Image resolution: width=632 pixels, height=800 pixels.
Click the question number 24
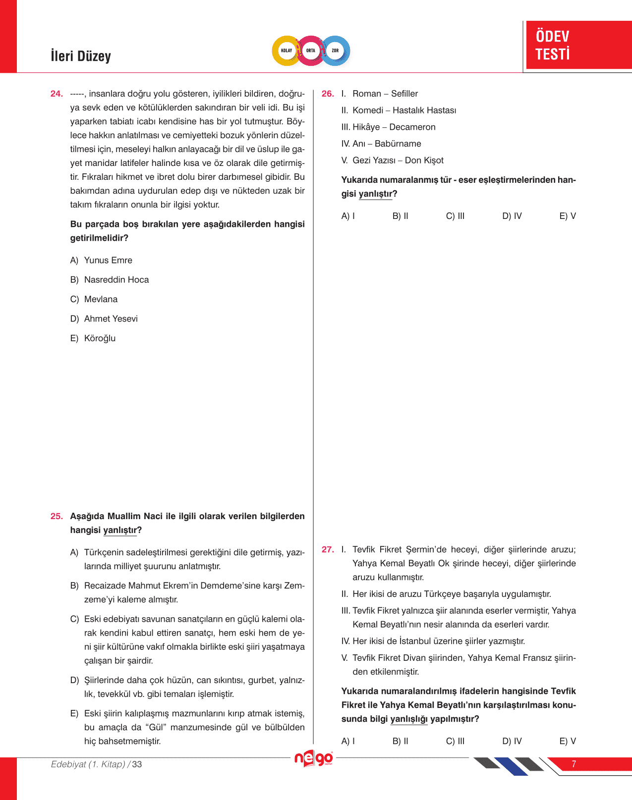[x=57, y=94]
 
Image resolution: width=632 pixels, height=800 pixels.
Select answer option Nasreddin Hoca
[x=116, y=280]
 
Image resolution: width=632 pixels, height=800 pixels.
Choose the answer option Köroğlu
[x=100, y=338]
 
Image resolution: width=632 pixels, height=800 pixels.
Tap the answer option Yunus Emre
[x=108, y=261]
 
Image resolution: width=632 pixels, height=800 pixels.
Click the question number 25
[x=57, y=516]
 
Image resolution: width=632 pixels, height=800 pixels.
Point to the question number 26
[x=328, y=94]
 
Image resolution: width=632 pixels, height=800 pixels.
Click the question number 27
[x=328, y=549]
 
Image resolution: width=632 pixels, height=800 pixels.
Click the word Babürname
[x=398, y=144]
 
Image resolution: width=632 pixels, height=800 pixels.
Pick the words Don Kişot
[x=424, y=160]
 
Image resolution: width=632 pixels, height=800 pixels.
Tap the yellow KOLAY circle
[x=287, y=51]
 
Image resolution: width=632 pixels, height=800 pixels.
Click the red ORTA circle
[x=311, y=51]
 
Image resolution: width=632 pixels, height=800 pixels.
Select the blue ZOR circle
[x=336, y=51]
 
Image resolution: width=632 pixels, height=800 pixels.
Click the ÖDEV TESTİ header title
[x=553, y=45]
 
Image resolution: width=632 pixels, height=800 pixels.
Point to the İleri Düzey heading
[x=81, y=56]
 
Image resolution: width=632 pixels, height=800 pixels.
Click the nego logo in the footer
[x=313, y=758]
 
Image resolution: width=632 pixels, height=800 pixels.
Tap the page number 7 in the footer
[x=574, y=764]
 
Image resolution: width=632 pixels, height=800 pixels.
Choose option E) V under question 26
[x=568, y=216]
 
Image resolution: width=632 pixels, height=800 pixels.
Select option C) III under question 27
[x=455, y=741]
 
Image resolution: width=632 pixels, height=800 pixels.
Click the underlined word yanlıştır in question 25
[x=120, y=530]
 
